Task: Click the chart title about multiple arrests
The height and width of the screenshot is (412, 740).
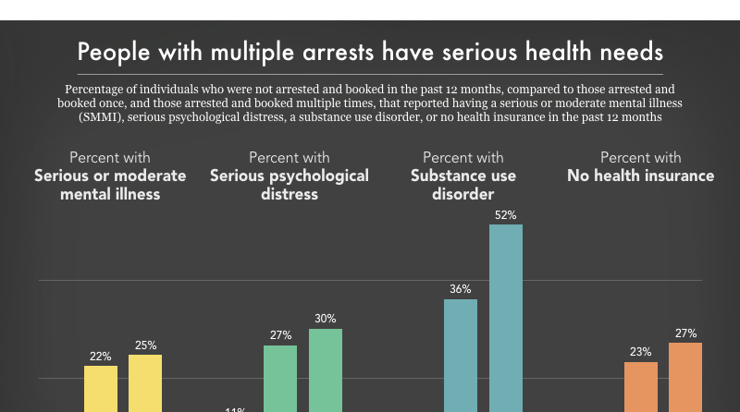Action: [370, 49]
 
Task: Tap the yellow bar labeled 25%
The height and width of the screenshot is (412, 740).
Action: [145, 382]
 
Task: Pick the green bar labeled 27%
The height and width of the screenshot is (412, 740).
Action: [280, 378]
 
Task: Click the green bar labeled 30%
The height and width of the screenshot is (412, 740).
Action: [326, 370]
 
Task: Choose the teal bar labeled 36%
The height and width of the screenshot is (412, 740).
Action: [461, 355]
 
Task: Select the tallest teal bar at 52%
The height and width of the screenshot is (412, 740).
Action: [506, 318]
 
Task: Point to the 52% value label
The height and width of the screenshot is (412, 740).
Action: [506, 214]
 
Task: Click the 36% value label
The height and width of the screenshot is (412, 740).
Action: [461, 289]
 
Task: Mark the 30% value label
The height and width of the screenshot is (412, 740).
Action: [326, 319]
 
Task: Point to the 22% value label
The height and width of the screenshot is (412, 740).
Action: [101, 356]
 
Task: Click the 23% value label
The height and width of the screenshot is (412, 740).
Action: [641, 352]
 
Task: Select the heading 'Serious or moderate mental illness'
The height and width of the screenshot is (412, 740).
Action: [110, 185]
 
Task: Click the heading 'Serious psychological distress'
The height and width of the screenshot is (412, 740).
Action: [290, 185]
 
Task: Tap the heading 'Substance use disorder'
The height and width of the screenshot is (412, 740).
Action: [462, 185]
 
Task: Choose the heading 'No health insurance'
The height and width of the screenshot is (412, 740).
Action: [640, 176]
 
